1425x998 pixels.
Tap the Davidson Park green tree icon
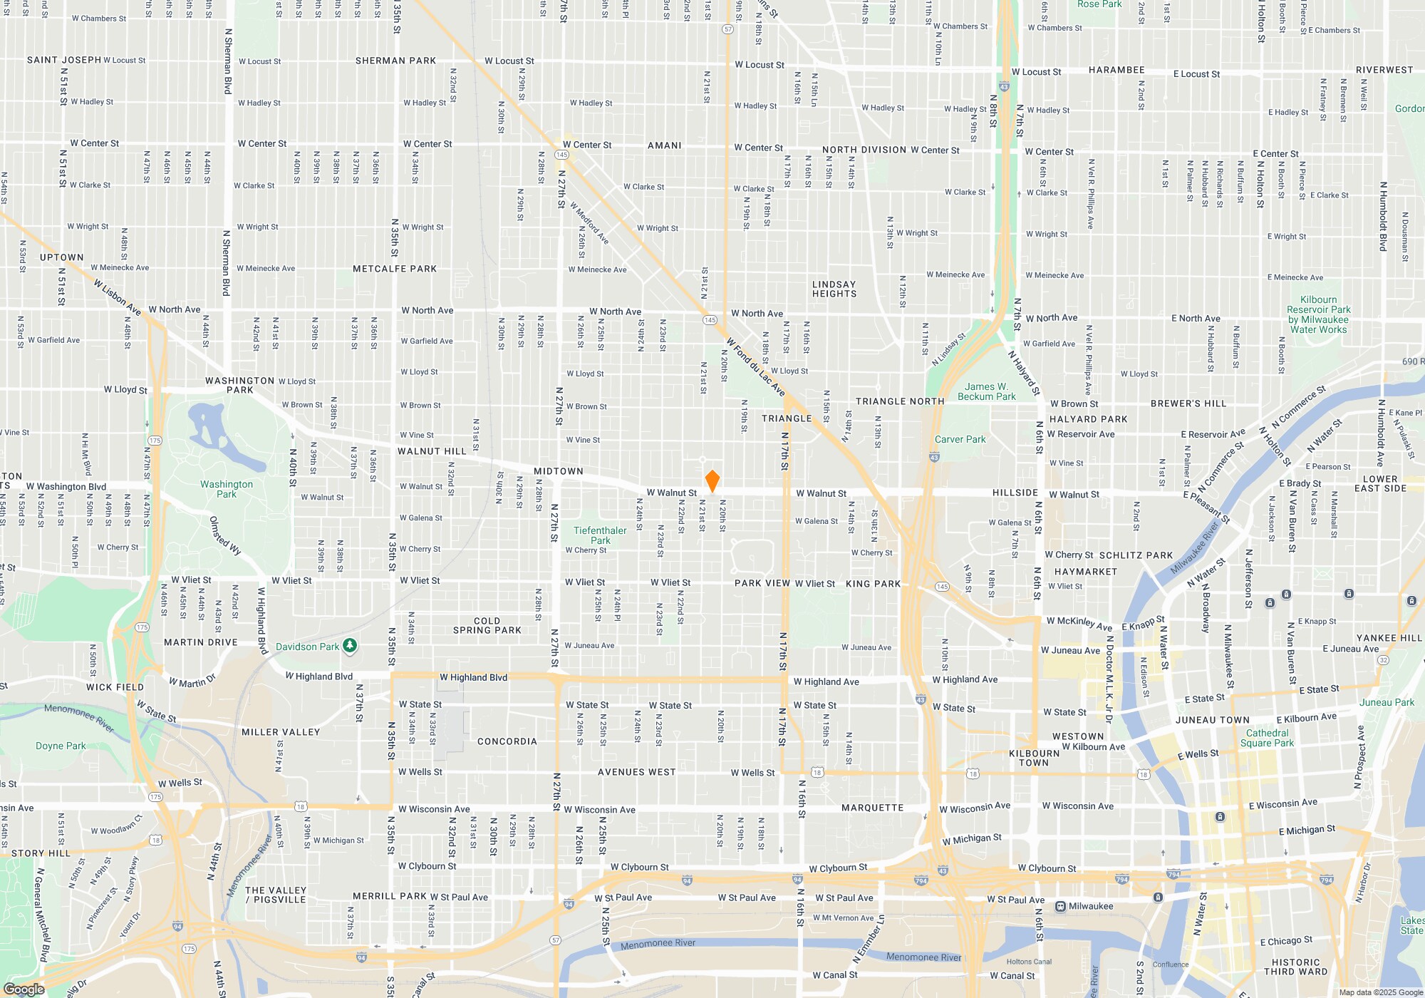click(x=349, y=646)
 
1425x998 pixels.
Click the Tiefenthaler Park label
click(x=600, y=535)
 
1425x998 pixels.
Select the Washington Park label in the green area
click(x=227, y=489)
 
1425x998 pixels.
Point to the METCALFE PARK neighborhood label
click(x=395, y=269)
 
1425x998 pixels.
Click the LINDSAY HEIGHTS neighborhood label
click(x=834, y=289)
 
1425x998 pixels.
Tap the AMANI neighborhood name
click(x=665, y=145)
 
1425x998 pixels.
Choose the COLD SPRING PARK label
click(x=487, y=625)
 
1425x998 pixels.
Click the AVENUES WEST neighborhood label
click(x=637, y=772)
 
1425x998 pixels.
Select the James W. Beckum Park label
click(x=987, y=391)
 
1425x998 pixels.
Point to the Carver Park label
click(x=960, y=439)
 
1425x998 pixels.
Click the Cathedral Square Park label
click(x=1267, y=738)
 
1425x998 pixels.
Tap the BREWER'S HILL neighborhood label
click(x=1188, y=403)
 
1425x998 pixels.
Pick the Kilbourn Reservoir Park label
click(x=1318, y=314)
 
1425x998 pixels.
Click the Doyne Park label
click(x=61, y=746)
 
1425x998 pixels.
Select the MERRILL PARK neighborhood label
click(x=390, y=896)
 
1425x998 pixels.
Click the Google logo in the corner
click(x=24, y=989)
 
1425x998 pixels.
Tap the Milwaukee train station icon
click(x=1061, y=906)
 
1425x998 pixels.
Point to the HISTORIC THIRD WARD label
click(x=1296, y=967)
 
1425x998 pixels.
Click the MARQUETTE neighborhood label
click(x=872, y=808)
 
